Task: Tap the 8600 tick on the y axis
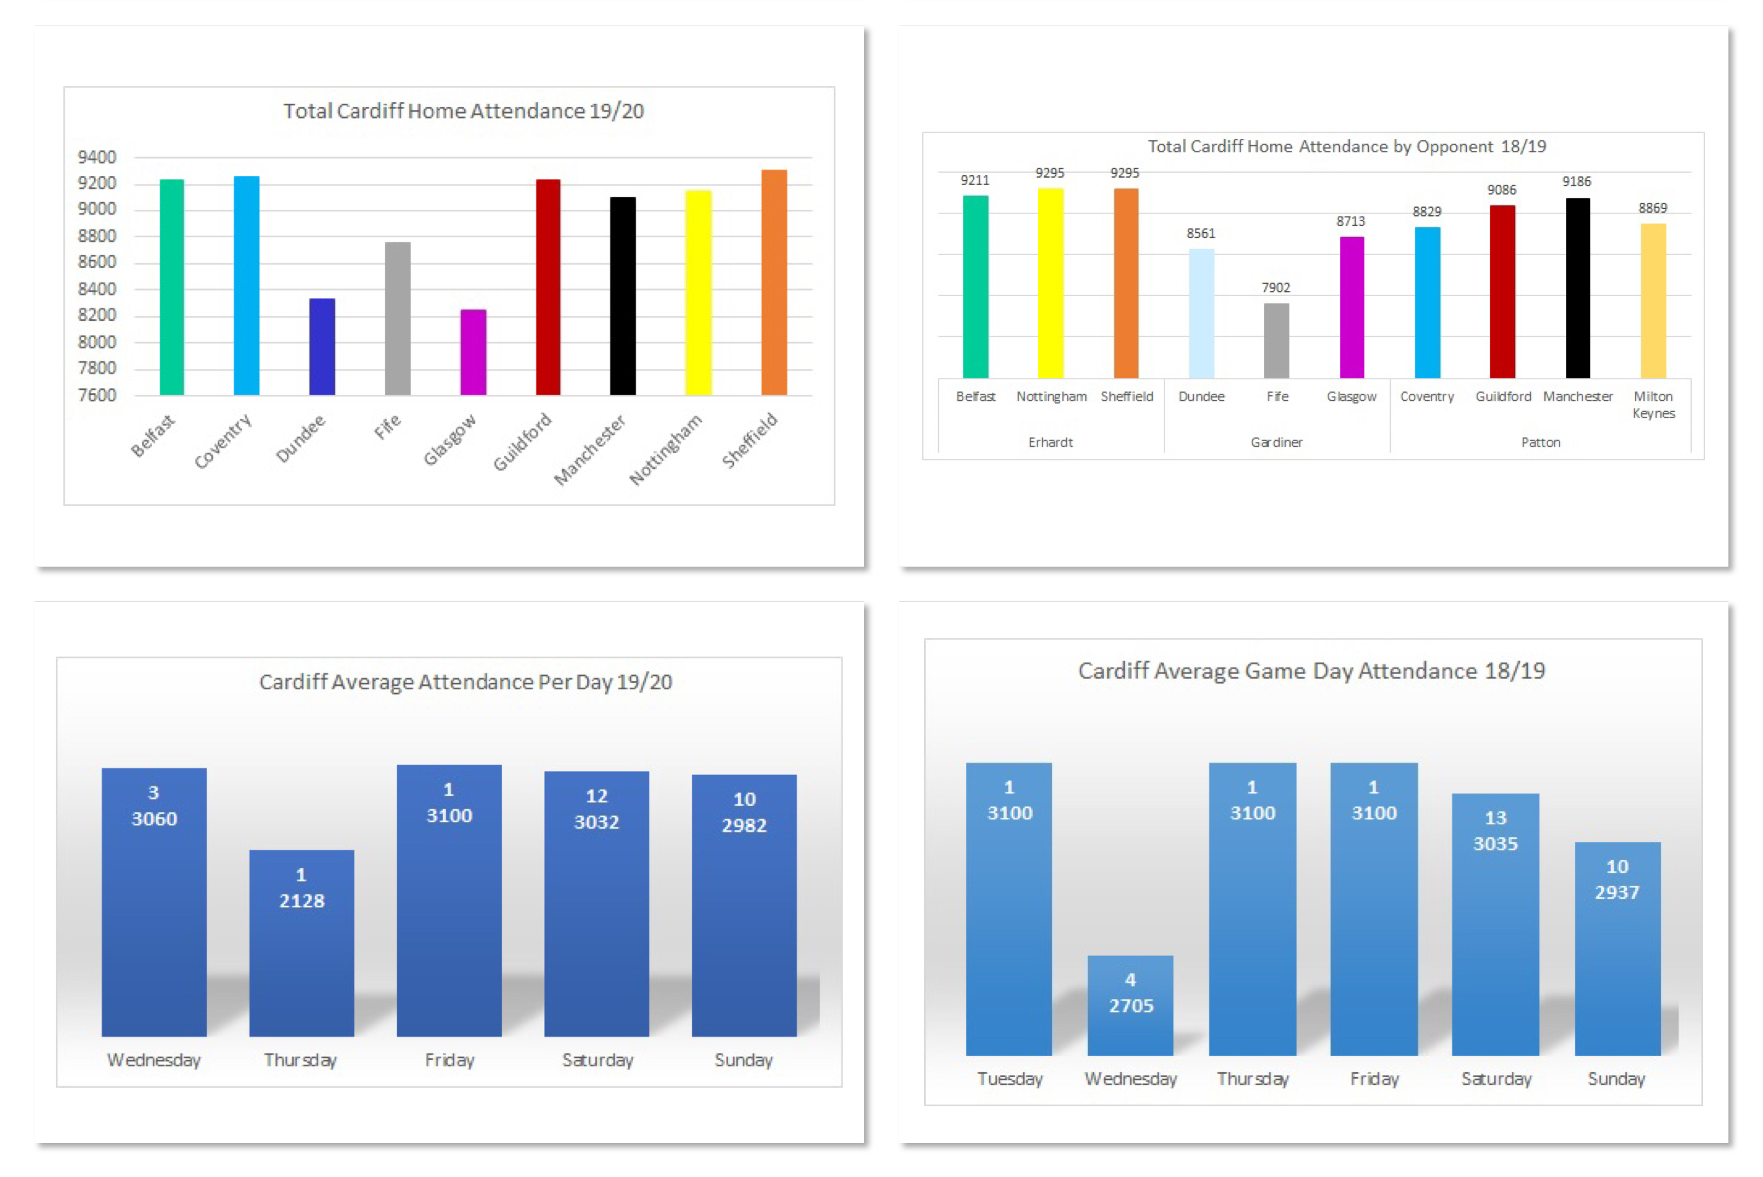98,262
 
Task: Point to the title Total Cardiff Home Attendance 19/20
463,111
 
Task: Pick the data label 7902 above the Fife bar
1275,287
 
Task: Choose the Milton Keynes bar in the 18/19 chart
1653,300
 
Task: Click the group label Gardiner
1276,442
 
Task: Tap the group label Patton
1540,442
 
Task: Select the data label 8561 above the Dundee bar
1200,233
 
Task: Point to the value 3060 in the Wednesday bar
154,818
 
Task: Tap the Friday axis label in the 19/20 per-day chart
449,1060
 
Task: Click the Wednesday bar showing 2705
1131,1005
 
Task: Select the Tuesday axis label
1010,1079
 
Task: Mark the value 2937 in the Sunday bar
1617,892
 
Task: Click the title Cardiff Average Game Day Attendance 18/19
1311,670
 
